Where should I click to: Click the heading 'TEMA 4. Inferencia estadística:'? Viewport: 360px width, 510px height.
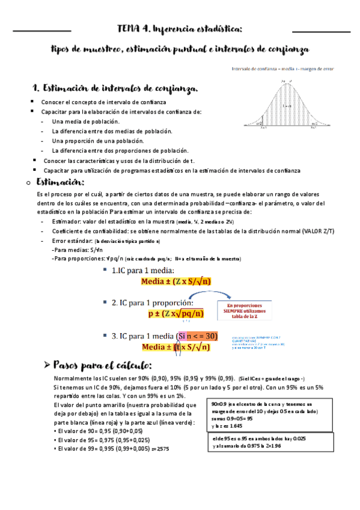[x=180, y=28]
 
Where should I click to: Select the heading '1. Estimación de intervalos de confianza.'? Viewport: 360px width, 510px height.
[x=114, y=89]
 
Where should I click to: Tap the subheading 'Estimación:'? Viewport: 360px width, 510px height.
[x=61, y=182]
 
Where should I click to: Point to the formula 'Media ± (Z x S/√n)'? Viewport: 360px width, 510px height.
[x=175, y=281]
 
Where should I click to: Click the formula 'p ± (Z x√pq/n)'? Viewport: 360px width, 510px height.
[x=175, y=313]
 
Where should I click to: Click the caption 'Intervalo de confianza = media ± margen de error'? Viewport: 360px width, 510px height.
[x=283, y=69]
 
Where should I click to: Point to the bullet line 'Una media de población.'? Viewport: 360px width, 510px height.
[x=85, y=121]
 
